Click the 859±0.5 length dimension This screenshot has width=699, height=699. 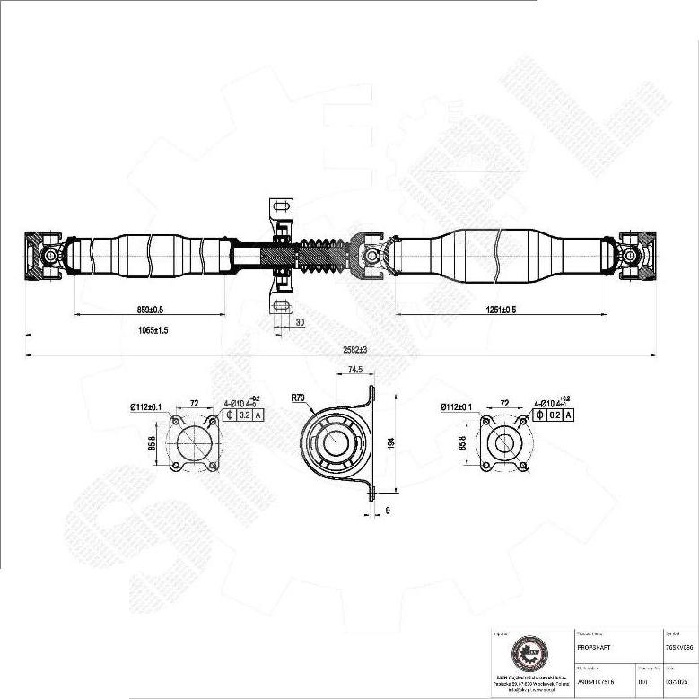coord(150,309)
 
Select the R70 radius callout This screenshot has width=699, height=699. coord(298,396)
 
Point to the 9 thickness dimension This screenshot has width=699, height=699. coord(387,511)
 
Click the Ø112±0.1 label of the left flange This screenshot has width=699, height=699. coord(145,408)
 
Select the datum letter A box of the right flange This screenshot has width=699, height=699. coord(568,415)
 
